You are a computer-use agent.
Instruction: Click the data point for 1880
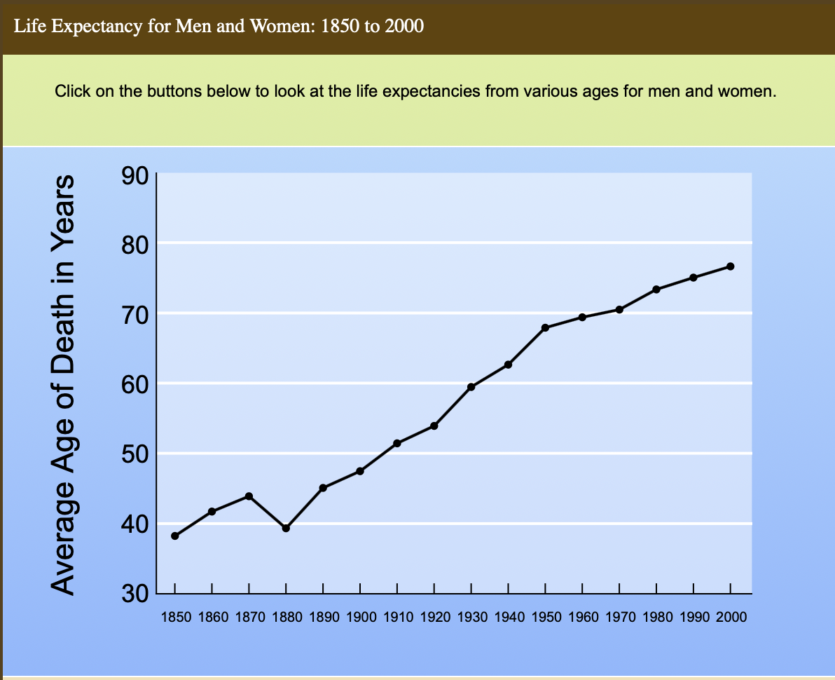click(286, 528)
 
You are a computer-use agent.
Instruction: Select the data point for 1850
click(174, 536)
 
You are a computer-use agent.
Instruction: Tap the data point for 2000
click(730, 266)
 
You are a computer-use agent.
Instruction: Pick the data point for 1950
click(545, 327)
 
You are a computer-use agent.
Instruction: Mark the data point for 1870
click(249, 496)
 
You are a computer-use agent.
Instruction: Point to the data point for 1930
click(471, 387)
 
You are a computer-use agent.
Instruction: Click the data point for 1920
click(434, 426)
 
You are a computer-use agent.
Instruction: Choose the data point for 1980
click(656, 290)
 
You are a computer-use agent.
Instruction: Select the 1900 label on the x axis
click(360, 618)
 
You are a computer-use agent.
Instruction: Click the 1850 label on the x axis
click(174, 618)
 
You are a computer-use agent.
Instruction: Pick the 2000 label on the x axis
click(730, 618)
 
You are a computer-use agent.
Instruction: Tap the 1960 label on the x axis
click(582, 618)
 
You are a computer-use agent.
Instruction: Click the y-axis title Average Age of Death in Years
click(64, 384)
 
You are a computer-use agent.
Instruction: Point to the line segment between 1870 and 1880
click(268, 512)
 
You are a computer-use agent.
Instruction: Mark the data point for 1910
click(397, 443)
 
